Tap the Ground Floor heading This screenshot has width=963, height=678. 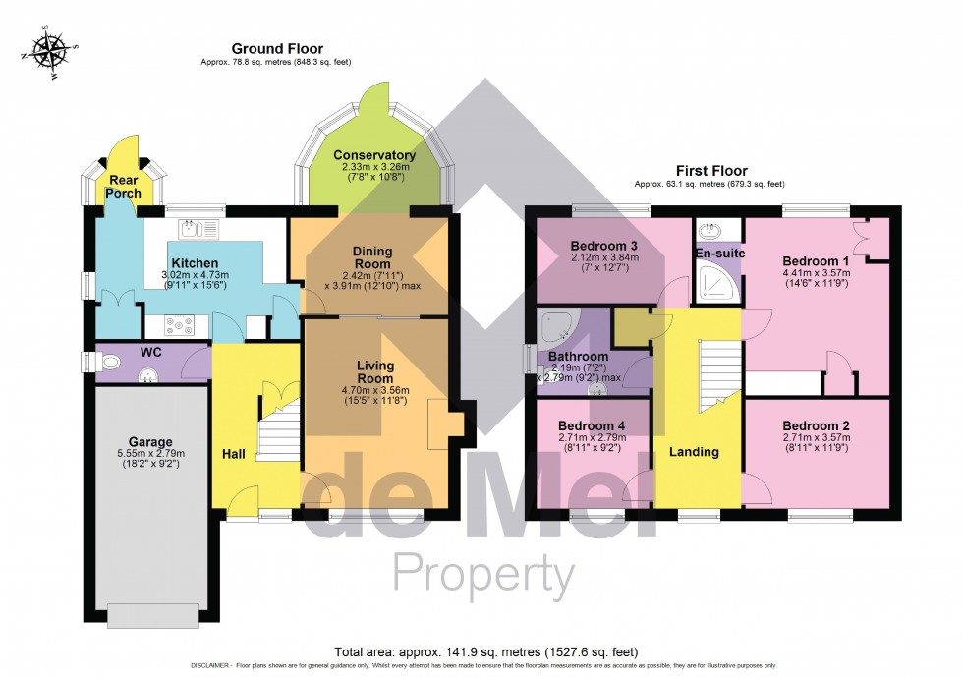(276, 49)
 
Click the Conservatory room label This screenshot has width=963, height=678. (373, 155)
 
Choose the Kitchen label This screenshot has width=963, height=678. (195, 263)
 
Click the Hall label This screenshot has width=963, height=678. (234, 455)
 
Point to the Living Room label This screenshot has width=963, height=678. (374, 372)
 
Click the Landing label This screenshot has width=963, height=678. (695, 452)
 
